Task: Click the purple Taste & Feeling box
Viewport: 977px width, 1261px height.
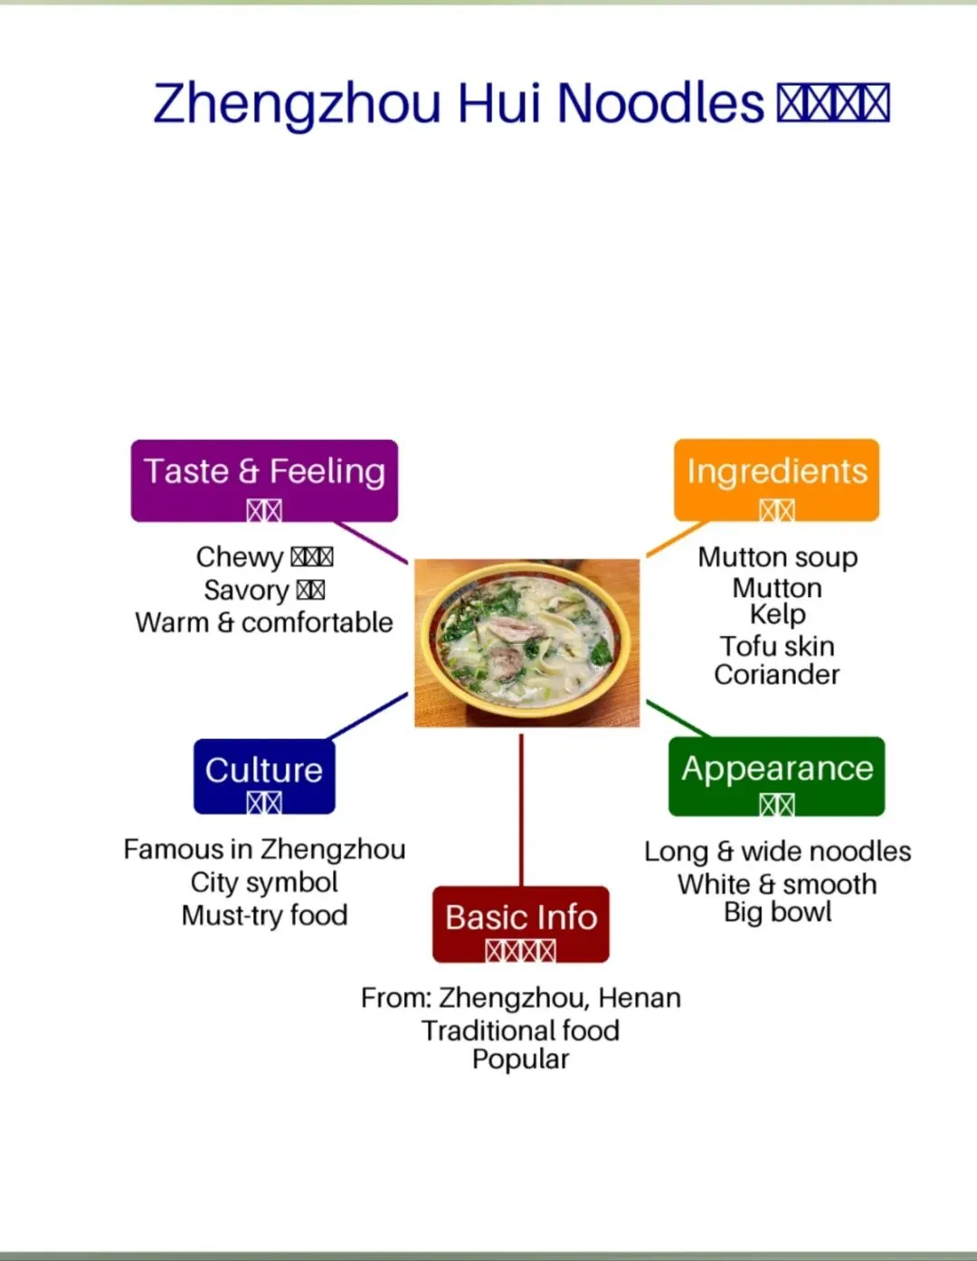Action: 264,480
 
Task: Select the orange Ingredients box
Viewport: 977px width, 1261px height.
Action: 776,480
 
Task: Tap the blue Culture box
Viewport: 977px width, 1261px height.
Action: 264,776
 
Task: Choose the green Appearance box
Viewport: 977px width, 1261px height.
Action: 776,776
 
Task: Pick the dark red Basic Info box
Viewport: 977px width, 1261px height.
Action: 521,924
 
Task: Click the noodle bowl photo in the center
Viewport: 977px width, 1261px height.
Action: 526,642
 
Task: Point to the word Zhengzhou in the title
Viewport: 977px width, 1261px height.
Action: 297,103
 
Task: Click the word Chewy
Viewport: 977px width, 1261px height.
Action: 240,557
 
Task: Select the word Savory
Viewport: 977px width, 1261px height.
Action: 246,590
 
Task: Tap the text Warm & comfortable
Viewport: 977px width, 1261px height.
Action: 264,622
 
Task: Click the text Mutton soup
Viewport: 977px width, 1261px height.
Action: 777,557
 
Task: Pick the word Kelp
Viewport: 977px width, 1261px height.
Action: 777,614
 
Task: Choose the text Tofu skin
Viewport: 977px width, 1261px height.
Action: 777,646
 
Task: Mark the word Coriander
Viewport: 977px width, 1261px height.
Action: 777,675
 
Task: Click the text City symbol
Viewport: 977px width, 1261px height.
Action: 264,882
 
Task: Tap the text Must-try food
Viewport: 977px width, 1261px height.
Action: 264,915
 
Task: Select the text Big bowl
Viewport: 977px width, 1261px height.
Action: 777,912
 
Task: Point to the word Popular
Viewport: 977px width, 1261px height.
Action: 521,1059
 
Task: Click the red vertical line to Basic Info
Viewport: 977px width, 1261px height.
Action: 521,810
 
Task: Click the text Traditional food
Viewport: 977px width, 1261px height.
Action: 521,1030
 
